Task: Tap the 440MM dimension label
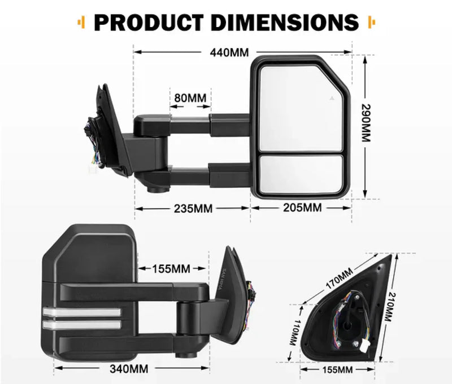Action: click(x=229, y=52)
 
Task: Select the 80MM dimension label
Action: click(x=190, y=98)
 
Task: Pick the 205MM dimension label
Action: click(x=303, y=208)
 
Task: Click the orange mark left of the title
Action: click(x=80, y=22)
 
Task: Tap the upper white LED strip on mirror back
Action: click(x=81, y=312)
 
